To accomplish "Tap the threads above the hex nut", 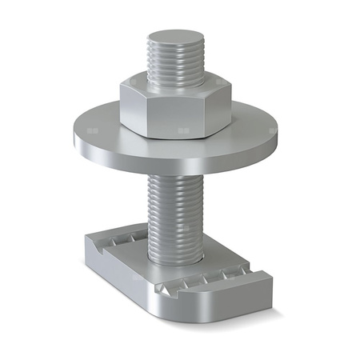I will (x=175, y=64).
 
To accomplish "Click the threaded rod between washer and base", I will (x=175, y=208).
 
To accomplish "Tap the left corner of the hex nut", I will (x=122, y=100).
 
